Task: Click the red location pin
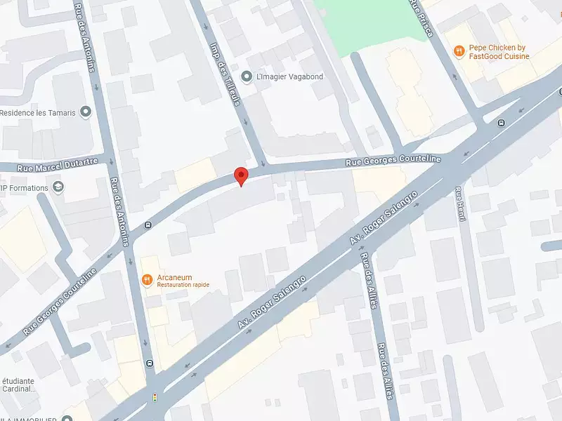(x=241, y=175)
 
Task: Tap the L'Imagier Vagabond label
(x=290, y=76)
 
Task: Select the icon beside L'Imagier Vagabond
(x=246, y=76)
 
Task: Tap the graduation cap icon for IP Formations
(x=58, y=187)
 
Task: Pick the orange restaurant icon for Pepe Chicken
(x=458, y=51)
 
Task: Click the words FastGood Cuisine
(x=500, y=56)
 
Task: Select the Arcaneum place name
(x=174, y=277)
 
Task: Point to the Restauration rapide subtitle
(x=183, y=285)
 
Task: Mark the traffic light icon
(x=155, y=397)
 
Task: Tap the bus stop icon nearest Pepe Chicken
(x=501, y=123)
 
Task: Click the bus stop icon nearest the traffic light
(x=150, y=363)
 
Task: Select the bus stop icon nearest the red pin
(x=148, y=225)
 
